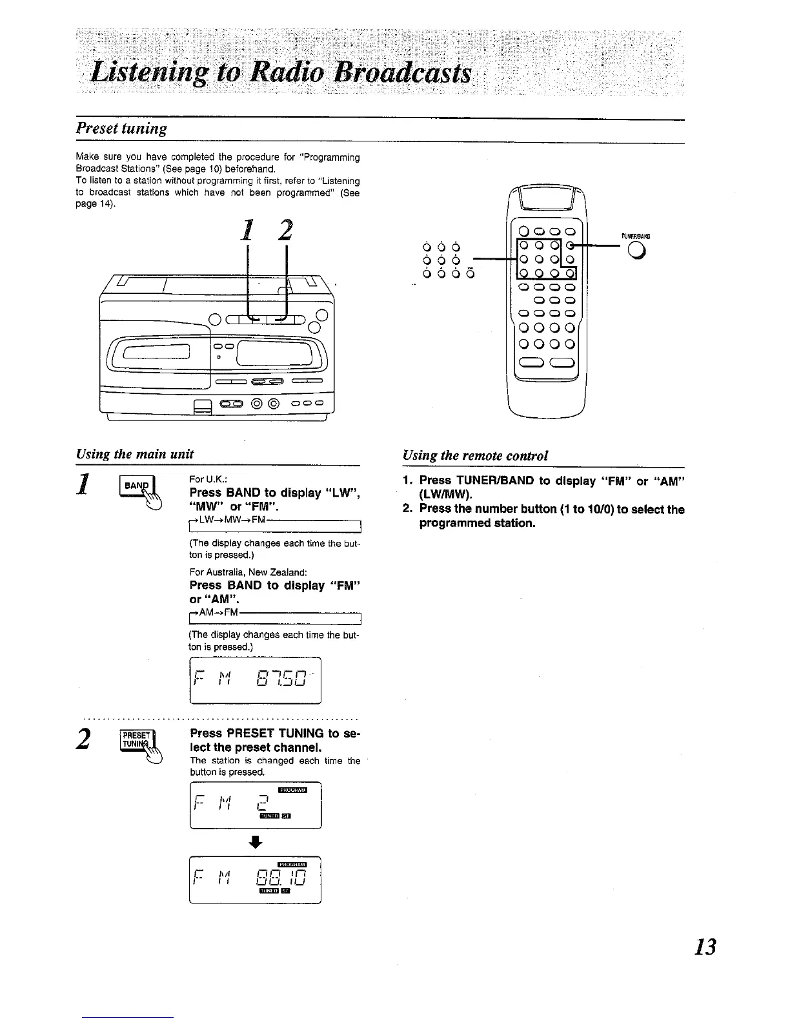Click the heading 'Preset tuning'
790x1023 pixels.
[121, 128]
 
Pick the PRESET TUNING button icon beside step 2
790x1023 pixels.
[137, 743]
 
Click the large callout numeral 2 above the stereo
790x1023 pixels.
[285, 232]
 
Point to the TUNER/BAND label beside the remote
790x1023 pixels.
[634, 236]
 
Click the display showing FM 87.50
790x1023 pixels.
[256, 680]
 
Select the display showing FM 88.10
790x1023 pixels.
[256, 879]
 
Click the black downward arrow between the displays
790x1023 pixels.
[256, 842]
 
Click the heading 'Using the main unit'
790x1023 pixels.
[135, 453]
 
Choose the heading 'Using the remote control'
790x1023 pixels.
[476, 455]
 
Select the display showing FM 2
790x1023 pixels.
[256, 805]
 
